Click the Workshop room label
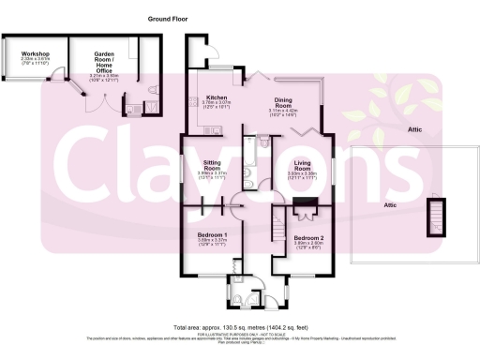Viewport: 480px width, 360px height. (35, 54)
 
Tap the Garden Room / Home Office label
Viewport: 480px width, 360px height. (105, 58)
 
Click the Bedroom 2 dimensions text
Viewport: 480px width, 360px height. (308, 247)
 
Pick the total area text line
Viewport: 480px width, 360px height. (238, 326)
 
